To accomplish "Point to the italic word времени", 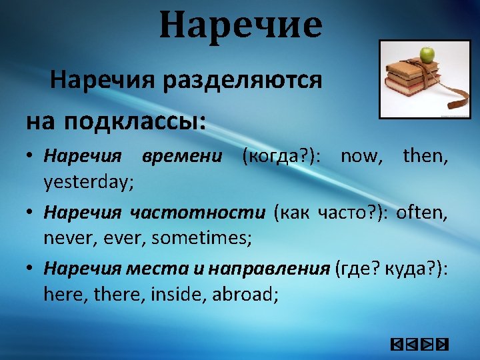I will [181, 157].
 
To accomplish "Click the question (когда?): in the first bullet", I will [281, 157].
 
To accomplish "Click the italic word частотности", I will [197, 213].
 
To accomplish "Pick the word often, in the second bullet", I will [421, 213].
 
